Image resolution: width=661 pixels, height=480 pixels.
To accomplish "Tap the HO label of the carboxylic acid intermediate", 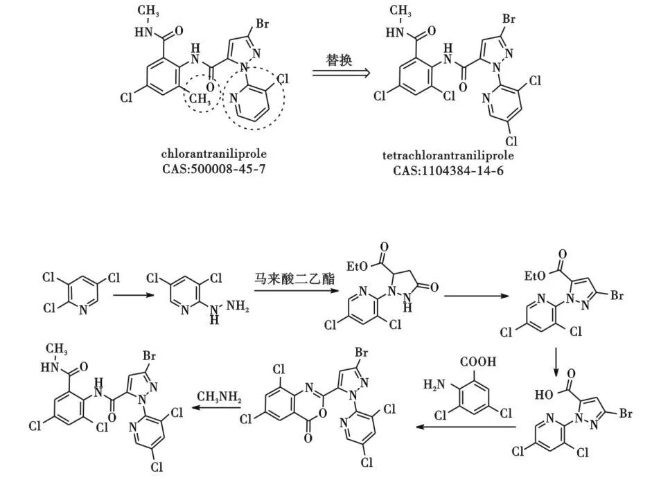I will pos(545,395).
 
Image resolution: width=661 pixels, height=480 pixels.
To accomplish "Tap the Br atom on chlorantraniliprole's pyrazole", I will pos(263,24).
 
